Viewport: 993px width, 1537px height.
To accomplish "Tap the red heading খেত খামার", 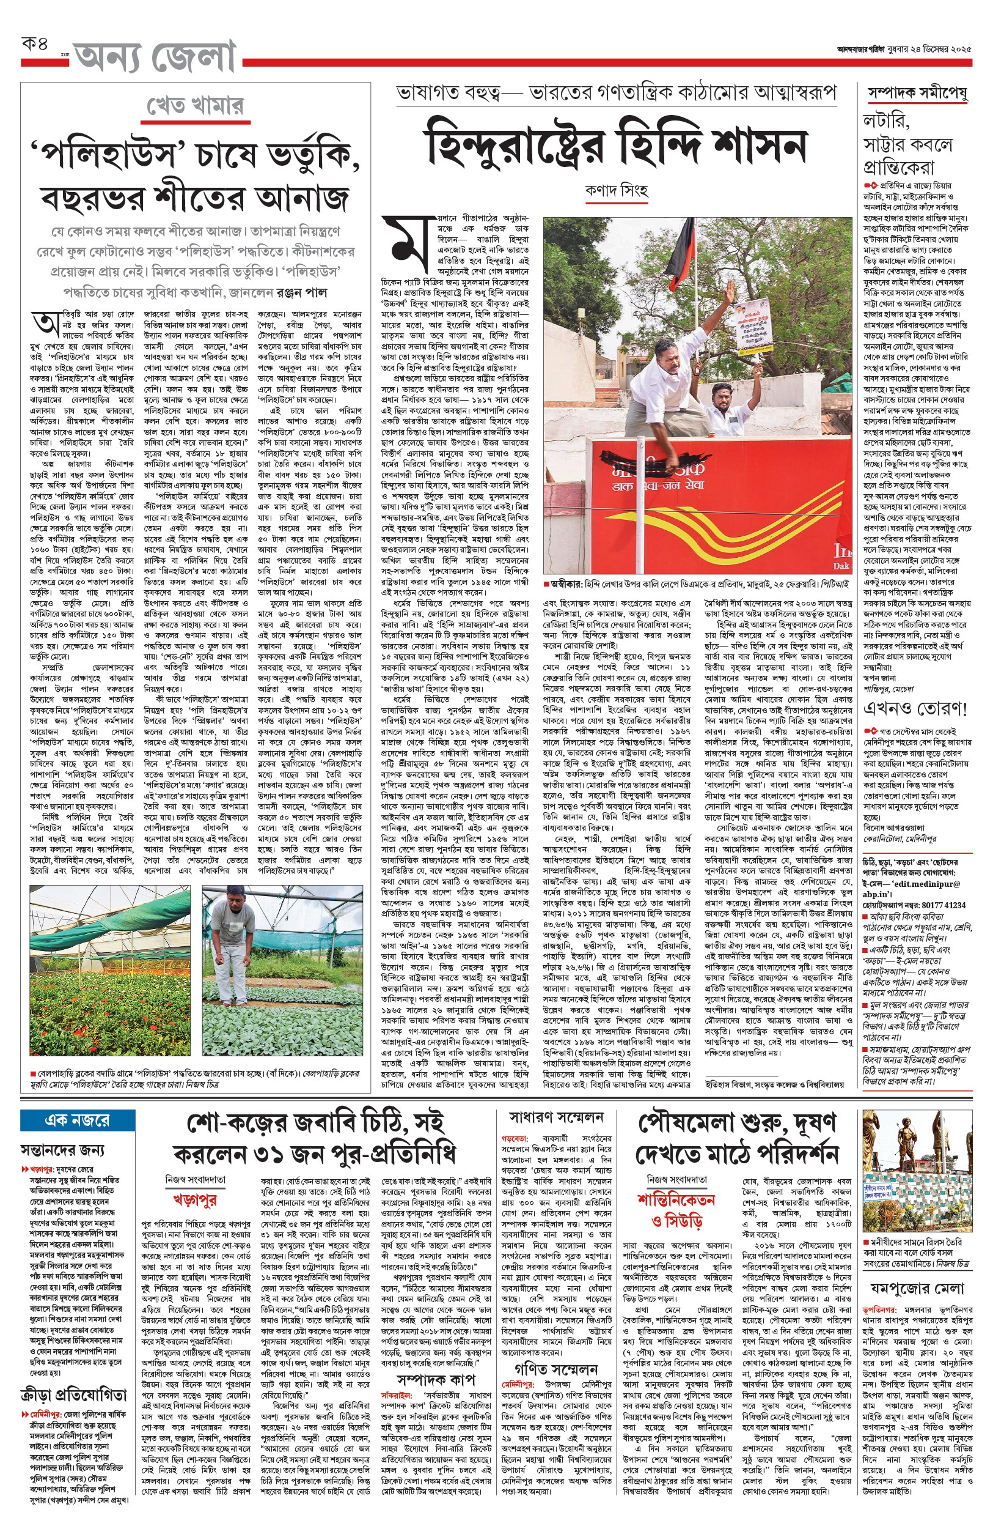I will [x=195, y=106].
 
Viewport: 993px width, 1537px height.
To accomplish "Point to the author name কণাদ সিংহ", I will [x=616, y=190].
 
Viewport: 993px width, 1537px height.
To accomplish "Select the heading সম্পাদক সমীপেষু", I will [x=916, y=94].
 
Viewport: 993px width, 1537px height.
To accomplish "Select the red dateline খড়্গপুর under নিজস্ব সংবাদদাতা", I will [x=194, y=1199].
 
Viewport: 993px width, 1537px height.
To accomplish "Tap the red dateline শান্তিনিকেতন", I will [x=676, y=1199].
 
